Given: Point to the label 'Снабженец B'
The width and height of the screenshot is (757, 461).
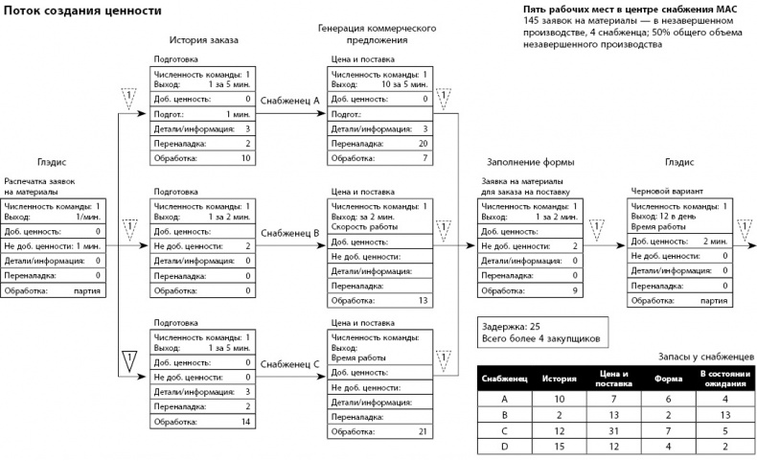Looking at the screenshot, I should pos(289,233).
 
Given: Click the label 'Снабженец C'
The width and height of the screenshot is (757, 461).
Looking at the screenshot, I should pos(289,365).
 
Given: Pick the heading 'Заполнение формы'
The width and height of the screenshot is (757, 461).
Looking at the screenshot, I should pos(518,162).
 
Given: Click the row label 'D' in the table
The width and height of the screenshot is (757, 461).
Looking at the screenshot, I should pos(504,447).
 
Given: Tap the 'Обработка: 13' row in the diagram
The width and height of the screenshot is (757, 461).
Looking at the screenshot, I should pos(378,301).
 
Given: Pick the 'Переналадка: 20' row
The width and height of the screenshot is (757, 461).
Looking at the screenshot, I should pos(378,142).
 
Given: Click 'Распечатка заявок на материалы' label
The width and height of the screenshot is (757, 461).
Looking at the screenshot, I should pos(46,184).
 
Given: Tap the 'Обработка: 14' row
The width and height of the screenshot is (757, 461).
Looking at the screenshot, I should pos(201,422).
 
